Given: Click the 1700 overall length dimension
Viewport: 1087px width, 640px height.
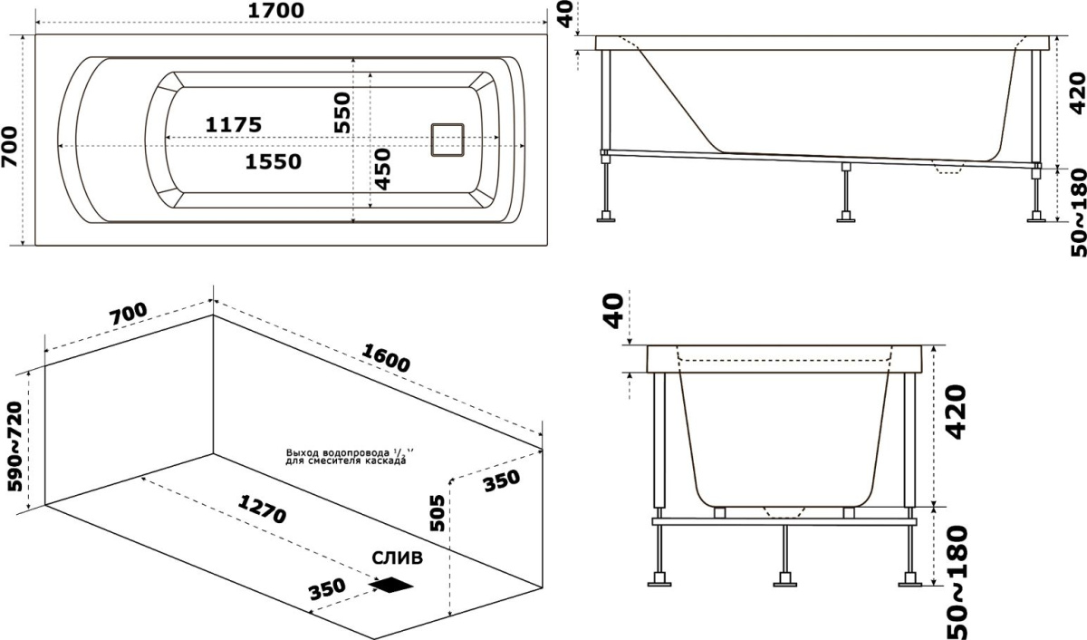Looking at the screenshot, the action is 276,10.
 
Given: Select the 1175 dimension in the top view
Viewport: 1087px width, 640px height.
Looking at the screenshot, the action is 234,125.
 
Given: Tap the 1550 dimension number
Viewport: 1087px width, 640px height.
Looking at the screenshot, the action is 274,161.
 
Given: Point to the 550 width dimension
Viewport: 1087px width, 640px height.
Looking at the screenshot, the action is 342,112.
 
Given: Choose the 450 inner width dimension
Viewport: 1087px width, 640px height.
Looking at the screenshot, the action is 383,169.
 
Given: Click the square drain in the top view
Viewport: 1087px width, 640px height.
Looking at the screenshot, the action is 447,140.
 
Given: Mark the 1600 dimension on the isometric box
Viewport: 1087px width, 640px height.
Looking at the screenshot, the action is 386,357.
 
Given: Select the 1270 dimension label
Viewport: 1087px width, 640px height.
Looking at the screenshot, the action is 262,509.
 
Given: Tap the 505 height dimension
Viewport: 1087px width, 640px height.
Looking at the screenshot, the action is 438,513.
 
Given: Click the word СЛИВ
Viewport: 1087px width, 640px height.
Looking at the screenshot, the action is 398,558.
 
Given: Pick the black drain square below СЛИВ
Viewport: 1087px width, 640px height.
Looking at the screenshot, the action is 390,585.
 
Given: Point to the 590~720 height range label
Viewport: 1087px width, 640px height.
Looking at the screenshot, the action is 15,447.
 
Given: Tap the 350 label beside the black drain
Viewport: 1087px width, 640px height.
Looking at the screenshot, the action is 327,588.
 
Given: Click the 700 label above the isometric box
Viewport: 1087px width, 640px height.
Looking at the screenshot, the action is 128,315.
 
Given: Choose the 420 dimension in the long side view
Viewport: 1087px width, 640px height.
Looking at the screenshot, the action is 1078,93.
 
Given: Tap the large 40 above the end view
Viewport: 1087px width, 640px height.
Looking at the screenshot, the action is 615,311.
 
